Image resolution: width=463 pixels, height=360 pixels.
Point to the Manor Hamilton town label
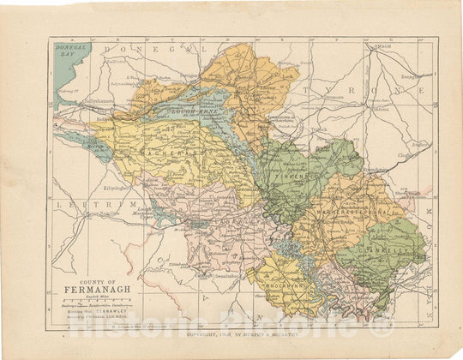pyautogui.click(x=131, y=216)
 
